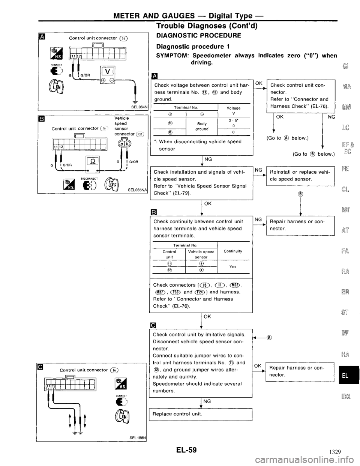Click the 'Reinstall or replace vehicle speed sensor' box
click(299, 175)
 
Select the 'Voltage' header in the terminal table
click(235, 108)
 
